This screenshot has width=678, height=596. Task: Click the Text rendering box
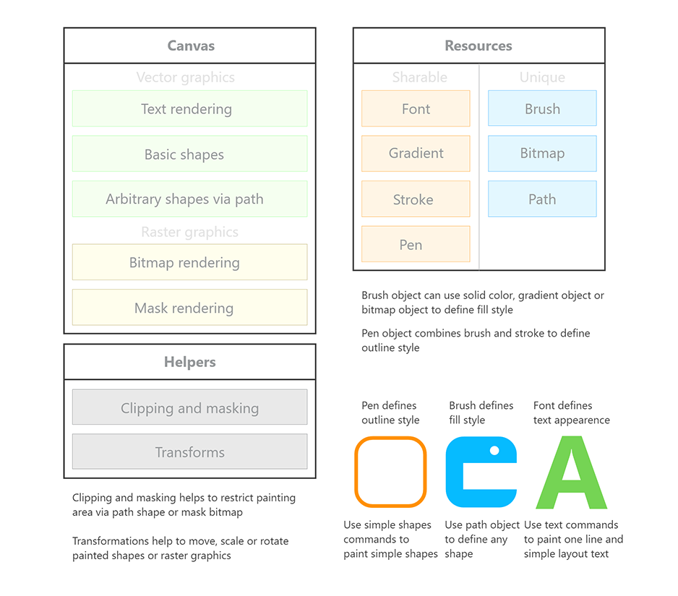pos(189,109)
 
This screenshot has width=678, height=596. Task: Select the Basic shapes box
pos(189,154)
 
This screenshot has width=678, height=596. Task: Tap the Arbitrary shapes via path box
pos(189,199)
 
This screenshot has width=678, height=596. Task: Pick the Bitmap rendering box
pos(189,262)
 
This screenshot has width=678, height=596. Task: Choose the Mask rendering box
pos(189,308)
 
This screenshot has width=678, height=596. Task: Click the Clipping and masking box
pos(189,407)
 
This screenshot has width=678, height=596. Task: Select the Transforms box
pos(189,452)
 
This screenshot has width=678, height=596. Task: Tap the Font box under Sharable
pos(416,109)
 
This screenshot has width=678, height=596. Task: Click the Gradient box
pos(416,153)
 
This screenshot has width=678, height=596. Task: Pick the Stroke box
pos(416,199)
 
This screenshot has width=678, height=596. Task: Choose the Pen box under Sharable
pos(416,244)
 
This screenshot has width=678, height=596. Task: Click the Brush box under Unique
pos(542,109)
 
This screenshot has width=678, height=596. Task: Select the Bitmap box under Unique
pos(542,153)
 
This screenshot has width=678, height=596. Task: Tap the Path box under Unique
pos(542,199)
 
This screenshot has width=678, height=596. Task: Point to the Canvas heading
pos(191,46)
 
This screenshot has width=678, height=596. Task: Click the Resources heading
pos(479,46)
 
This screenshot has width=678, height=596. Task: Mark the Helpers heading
pos(190,362)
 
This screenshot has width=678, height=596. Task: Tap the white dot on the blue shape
pos(494,450)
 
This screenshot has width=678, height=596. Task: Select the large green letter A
pos(571,473)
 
